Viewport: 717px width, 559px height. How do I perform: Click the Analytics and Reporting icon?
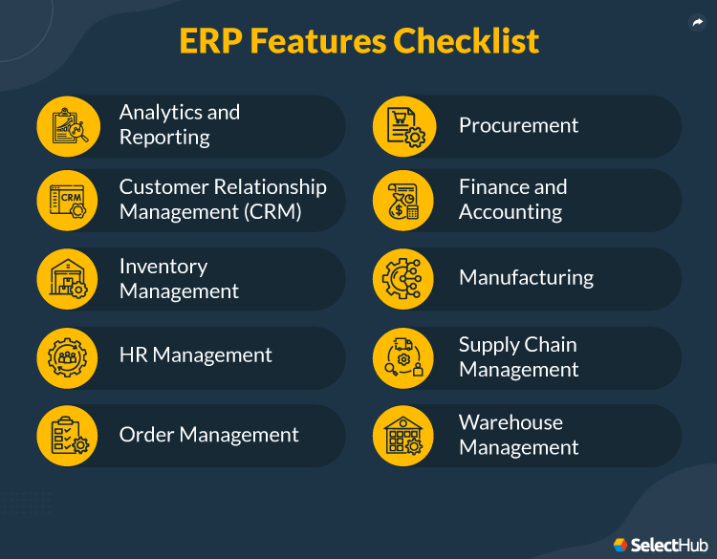tap(68, 125)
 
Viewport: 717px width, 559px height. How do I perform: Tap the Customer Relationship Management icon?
tap(68, 200)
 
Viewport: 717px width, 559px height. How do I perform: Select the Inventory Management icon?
tap(68, 278)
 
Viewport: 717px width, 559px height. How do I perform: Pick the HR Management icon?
tap(68, 357)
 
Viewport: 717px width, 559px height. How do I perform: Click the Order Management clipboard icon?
tap(68, 435)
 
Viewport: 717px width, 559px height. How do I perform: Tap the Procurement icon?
tap(403, 125)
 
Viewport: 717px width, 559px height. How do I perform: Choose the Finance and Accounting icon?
tap(403, 200)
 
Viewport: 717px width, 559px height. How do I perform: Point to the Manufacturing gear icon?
tap(403, 278)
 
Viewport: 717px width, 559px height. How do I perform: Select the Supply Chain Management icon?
tap(403, 357)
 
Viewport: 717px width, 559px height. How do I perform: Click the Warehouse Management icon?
tap(403, 435)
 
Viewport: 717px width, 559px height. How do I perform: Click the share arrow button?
tap(697, 24)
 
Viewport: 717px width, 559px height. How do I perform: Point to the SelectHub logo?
tap(661, 544)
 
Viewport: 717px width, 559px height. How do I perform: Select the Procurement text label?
tap(518, 125)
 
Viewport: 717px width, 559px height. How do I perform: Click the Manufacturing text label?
tap(526, 278)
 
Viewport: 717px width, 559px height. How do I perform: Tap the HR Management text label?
tap(195, 355)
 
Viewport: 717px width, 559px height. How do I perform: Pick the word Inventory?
tap(163, 266)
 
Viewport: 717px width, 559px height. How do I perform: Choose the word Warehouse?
tap(511, 422)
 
